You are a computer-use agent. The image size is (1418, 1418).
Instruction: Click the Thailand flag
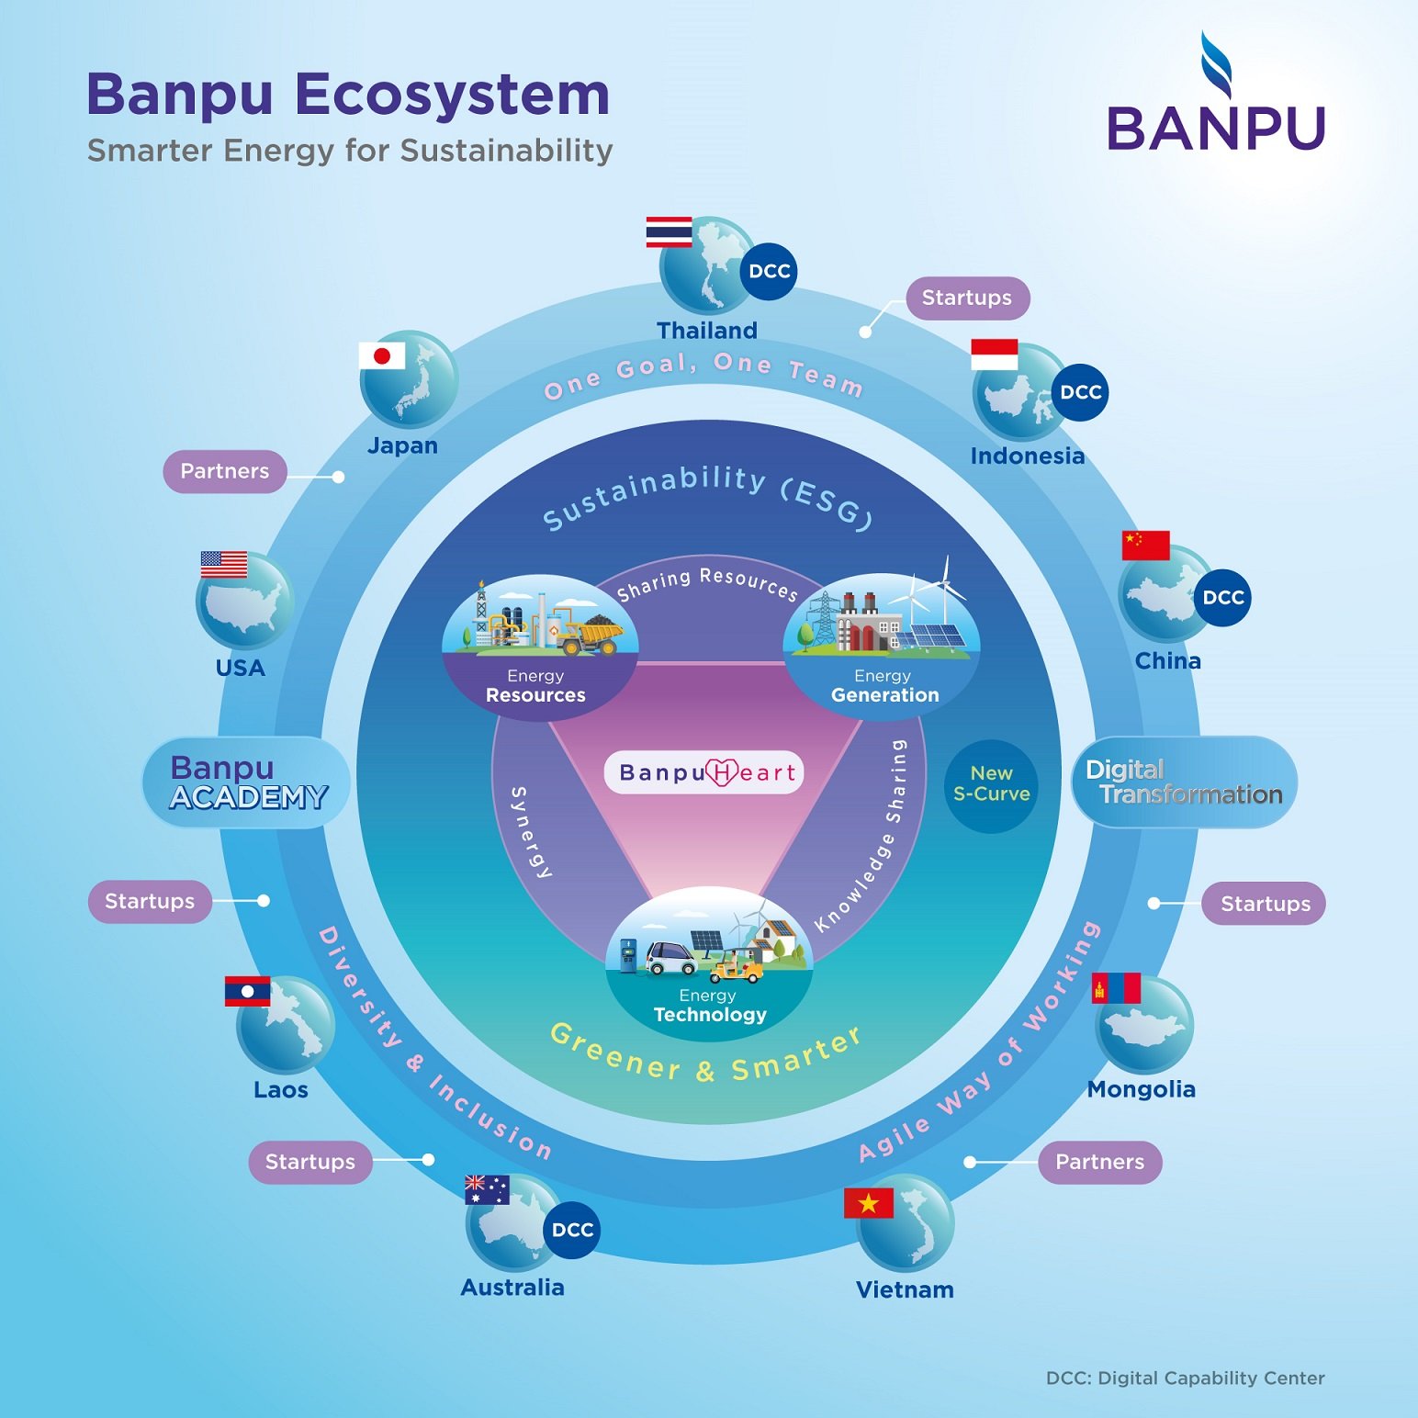tap(669, 232)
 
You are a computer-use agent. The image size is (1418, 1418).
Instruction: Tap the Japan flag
tap(382, 355)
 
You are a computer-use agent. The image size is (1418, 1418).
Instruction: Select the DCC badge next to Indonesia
tap(1080, 392)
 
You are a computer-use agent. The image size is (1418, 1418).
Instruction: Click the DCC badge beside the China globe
tap(1222, 597)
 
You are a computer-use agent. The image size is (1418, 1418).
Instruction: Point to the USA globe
tap(244, 602)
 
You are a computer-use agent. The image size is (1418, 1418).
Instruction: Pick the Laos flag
tap(248, 992)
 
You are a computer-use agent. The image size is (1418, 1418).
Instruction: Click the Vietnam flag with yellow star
tap(868, 1203)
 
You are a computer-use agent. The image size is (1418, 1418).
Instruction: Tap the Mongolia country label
tap(1142, 1089)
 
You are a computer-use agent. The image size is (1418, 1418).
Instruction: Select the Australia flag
tap(487, 1190)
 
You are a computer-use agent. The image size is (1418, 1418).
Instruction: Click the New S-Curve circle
tap(991, 785)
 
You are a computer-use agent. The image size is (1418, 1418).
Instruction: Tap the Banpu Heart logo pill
tap(703, 772)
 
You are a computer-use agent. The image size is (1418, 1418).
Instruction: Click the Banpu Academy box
tap(246, 782)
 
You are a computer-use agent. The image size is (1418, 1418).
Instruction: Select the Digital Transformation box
tap(1184, 782)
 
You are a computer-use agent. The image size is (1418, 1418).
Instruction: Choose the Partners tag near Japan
tap(225, 471)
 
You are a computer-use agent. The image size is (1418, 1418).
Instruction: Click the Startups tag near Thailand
tap(967, 298)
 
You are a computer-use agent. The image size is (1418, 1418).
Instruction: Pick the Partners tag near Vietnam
tap(1099, 1162)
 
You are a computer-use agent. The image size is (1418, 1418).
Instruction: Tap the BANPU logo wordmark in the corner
tap(1216, 128)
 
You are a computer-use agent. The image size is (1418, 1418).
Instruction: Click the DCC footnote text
tap(1185, 1378)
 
